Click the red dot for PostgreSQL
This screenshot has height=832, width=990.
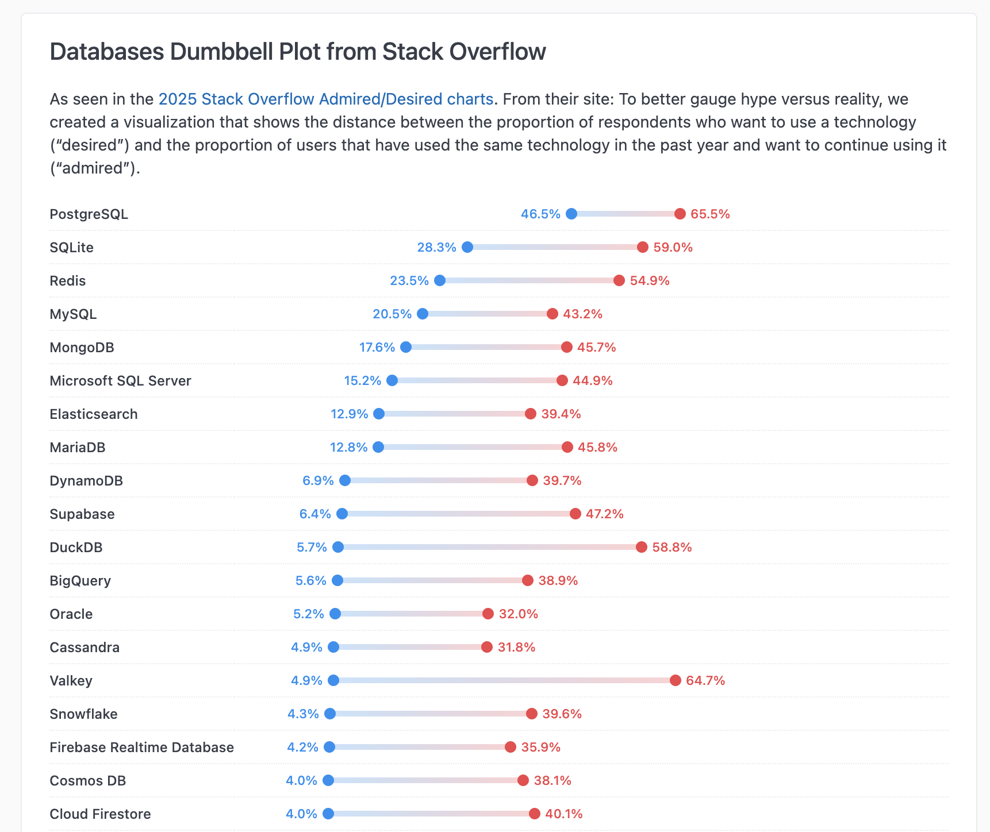coord(680,214)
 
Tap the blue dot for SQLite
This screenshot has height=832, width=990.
coord(467,247)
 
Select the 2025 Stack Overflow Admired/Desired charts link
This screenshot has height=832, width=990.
coord(325,99)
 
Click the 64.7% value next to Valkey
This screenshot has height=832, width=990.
coord(705,680)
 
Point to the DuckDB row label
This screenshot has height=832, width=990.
coord(76,547)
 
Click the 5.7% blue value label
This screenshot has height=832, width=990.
coord(312,547)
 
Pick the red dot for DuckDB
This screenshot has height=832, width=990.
coord(642,547)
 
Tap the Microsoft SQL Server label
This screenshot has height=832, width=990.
coord(120,380)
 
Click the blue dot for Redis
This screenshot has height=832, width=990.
coord(440,280)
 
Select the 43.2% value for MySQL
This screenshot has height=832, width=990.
coord(582,314)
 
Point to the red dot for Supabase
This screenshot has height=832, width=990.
coord(575,514)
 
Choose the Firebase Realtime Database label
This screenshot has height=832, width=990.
coord(141,747)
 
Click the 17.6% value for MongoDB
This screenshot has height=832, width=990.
coord(377,347)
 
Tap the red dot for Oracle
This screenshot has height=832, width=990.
coord(488,614)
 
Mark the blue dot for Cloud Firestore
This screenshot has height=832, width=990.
coord(328,814)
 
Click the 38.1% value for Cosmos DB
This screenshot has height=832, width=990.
coord(552,780)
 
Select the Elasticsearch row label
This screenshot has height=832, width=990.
coord(94,414)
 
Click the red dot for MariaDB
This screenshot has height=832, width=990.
coord(567,447)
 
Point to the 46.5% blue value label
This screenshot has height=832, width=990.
coord(540,214)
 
